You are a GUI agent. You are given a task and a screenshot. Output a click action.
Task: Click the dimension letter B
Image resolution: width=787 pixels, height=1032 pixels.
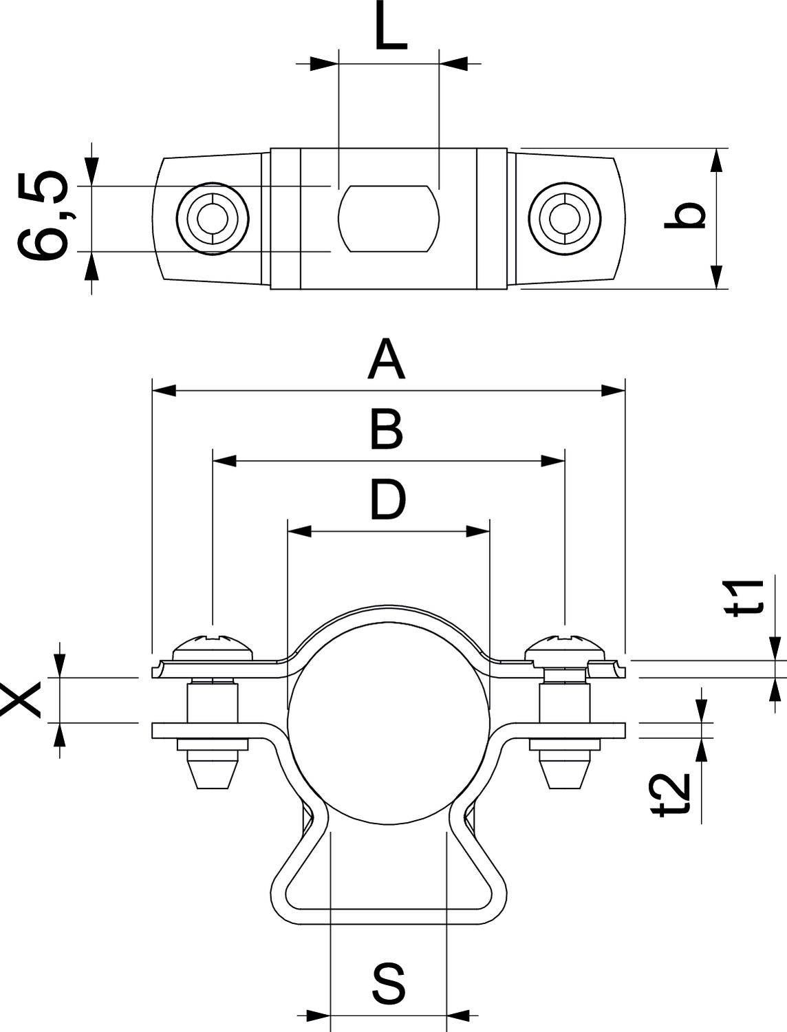386,429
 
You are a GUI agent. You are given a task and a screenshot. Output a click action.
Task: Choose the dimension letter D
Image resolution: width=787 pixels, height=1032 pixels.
387,500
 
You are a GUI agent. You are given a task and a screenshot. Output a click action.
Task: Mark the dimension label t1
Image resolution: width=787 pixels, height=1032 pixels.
746,597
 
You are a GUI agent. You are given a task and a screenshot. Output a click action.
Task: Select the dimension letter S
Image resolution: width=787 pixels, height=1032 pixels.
388,983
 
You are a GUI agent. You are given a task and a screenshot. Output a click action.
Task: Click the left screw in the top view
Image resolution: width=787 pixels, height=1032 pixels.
212,219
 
